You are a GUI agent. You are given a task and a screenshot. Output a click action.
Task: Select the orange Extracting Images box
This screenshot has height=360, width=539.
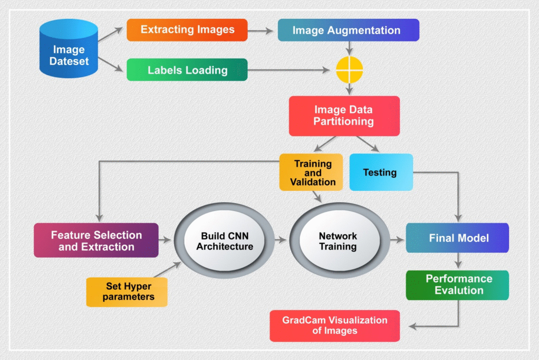click(187, 30)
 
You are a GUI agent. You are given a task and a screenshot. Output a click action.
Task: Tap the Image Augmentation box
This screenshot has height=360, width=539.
click(348, 30)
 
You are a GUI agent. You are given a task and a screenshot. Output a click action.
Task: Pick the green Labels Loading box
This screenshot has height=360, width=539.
click(187, 70)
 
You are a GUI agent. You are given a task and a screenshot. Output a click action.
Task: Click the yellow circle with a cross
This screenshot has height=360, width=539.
click(349, 70)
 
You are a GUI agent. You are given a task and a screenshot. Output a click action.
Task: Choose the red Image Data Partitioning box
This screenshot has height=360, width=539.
click(344, 116)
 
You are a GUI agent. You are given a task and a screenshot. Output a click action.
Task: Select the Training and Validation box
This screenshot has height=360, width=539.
click(311, 172)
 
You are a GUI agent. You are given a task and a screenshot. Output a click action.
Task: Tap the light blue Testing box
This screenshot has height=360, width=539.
click(381, 172)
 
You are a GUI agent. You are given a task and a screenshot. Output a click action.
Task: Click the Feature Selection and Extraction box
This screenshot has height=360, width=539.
click(96, 240)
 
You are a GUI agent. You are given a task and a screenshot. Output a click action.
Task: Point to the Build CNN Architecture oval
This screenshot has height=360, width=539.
click(225, 240)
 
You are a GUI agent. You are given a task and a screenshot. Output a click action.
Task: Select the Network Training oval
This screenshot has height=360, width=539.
click(338, 240)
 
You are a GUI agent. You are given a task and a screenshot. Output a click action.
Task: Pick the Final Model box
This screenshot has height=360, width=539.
click(457, 238)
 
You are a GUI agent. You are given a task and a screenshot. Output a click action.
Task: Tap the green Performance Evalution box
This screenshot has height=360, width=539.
click(457, 285)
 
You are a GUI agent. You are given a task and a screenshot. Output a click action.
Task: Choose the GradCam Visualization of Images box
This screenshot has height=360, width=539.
click(335, 325)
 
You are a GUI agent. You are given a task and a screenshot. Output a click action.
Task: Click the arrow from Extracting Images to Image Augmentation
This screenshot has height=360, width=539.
click(261, 31)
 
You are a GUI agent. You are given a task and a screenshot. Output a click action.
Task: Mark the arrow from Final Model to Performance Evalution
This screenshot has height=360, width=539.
click(458, 261)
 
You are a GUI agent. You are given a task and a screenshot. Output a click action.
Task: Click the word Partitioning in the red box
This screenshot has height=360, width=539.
click(343, 122)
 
